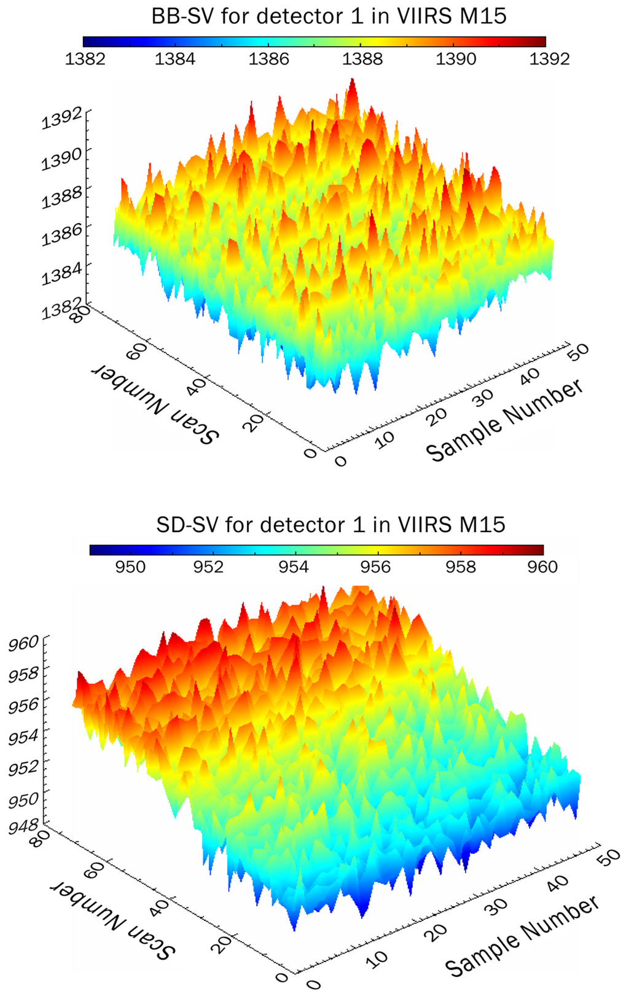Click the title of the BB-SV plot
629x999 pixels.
pyautogui.click(x=329, y=17)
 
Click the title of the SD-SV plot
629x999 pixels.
pyautogui.click(x=330, y=525)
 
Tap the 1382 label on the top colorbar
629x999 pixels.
pyautogui.click(x=85, y=59)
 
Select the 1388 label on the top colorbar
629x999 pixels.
pyautogui.click(x=362, y=59)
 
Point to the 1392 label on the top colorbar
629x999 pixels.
pyautogui.click(x=549, y=59)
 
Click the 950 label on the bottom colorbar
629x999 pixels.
pyautogui.click(x=130, y=566)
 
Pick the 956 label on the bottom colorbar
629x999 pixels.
pyautogui.click(x=375, y=566)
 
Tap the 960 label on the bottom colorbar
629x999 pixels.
pyautogui.click(x=542, y=566)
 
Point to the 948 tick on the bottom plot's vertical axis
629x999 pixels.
pyautogui.click(x=23, y=826)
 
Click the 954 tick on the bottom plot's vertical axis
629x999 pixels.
pyautogui.click(x=23, y=735)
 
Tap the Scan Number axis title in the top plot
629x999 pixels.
pyautogui.click(x=155, y=403)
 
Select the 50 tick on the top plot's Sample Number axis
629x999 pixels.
pyautogui.click(x=578, y=351)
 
